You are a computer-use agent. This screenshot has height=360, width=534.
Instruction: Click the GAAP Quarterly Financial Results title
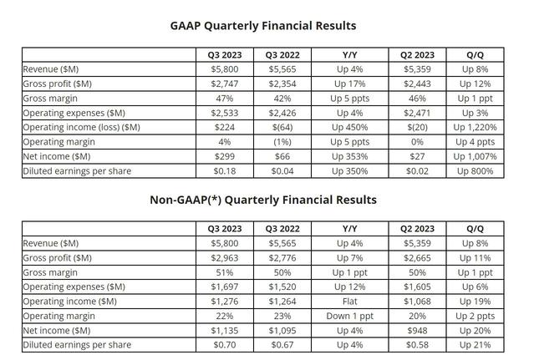(x=263, y=26)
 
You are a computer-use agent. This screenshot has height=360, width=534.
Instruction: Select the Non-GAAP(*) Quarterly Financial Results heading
(x=263, y=200)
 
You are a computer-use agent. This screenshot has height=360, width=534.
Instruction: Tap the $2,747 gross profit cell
(x=225, y=84)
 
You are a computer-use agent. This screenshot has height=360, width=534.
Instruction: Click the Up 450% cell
(x=350, y=127)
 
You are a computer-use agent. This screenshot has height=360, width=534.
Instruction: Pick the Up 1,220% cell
(x=475, y=127)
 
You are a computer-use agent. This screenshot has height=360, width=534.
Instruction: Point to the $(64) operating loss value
(x=282, y=127)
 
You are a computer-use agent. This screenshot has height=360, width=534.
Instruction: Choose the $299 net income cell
(x=225, y=156)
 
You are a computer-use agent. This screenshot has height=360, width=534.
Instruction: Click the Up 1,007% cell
(x=475, y=156)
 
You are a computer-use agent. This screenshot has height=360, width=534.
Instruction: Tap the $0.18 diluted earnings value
(x=225, y=171)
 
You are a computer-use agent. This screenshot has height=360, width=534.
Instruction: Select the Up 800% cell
(x=475, y=171)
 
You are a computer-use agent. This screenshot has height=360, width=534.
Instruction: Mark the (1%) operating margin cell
(x=282, y=142)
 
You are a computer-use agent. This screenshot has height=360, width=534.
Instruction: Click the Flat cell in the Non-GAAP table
(x=350, y=302)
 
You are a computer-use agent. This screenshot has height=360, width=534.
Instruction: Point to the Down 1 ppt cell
(x=350, y=316)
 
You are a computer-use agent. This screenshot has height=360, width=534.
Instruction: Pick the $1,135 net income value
(x=225, y=331)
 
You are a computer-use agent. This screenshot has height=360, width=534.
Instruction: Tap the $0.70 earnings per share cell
(x=225, y=345)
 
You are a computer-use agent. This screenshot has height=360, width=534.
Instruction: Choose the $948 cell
(x=417, y=331)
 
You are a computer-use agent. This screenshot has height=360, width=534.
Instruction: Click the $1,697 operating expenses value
(x=225, y=286)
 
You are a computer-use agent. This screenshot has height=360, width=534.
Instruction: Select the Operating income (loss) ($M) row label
(x=81, y=127)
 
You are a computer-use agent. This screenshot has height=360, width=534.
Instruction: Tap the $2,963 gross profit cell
(x=225, y=258)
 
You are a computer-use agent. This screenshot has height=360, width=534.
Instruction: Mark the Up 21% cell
(x=475, y=345)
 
